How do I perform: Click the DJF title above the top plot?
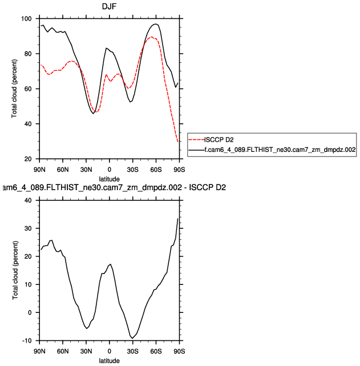pos(109,6)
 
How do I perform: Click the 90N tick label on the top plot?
pos(39,170)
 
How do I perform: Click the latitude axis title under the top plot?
pos(109,179)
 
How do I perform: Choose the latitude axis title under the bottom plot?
pos(109,361)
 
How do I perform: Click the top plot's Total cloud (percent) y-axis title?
pos(15,89)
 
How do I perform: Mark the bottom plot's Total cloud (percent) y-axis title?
pos(15,271)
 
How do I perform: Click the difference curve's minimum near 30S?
pos(132,338)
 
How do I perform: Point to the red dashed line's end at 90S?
pos(179,141)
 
